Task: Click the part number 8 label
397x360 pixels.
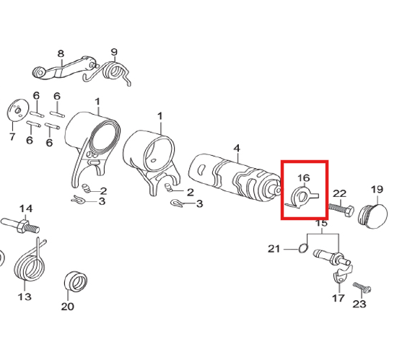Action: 61,54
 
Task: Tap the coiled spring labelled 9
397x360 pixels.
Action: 111,71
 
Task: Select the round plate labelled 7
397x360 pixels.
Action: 17,110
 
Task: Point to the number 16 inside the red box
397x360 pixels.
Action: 304,178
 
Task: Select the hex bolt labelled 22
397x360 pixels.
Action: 341,210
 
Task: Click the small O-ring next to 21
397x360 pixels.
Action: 303,248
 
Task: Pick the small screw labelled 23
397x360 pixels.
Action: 362,287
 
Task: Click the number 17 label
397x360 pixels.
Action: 339,298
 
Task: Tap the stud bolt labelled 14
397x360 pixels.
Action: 20,225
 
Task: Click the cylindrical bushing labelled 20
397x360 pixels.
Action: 76,281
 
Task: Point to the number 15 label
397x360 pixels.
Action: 321,224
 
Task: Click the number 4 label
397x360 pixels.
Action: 237,149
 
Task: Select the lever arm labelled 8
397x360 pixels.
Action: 65,69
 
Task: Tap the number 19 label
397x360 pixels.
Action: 377,190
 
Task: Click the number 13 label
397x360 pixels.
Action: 25,297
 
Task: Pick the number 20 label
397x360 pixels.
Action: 68,307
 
